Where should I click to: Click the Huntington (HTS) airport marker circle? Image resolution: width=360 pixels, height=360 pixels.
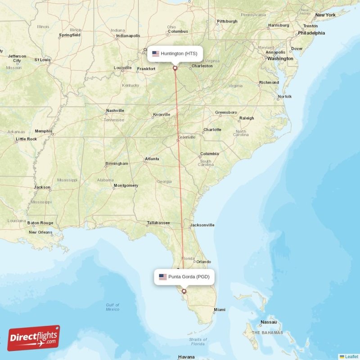[x=175, y=68]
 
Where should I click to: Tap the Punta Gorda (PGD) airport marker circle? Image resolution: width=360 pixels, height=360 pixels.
[x=184, y=291]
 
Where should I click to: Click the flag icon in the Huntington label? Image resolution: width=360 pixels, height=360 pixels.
[x=156, y=54]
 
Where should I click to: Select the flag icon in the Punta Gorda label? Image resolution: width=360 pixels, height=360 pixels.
[x=162, y=277]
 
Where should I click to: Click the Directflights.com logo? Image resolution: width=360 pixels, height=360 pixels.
[x=33, y=338]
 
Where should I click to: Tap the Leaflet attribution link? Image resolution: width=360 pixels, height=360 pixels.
[x=351, y=356]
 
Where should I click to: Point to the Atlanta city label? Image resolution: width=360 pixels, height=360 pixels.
[x=152, y=159]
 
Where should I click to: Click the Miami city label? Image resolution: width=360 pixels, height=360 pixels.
[x=220, y=310]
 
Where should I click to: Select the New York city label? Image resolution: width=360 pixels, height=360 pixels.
[x=325, y=15]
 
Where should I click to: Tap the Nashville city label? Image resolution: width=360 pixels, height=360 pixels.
[x=115, y=111]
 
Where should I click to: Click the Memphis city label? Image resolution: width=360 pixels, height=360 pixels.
[x=44, y=131]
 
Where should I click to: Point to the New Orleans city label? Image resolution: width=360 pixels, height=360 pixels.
[x=40, y=233]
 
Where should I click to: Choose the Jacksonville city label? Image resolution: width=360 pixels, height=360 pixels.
[x=202, y=225]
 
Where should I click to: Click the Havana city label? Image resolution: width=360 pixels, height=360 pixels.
[x=186, y=357]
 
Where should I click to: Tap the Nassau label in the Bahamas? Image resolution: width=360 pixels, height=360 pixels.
[x=268, y=322]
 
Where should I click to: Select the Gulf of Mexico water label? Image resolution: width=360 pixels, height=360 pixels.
[x=112, y=307]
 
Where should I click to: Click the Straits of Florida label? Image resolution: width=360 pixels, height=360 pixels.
[x=198, y=342]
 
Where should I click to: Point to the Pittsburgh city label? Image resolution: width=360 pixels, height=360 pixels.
[x=227, y=21]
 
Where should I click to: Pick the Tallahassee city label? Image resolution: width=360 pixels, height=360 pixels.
[x=158, y=223]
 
